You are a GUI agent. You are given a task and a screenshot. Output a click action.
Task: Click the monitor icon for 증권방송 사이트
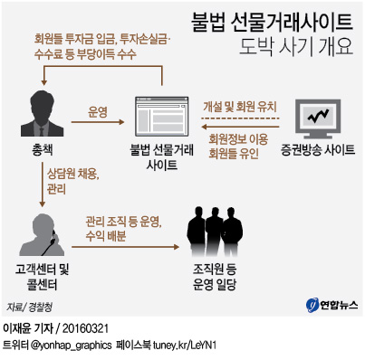[x=321, y=115]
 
